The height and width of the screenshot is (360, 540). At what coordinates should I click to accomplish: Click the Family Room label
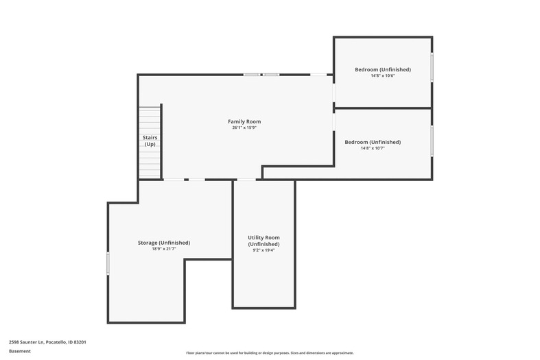click(244, 121)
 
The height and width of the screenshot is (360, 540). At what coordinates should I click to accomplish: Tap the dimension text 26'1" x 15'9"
click(244, 128)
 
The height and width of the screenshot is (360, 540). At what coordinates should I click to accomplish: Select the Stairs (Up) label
click(150, 141)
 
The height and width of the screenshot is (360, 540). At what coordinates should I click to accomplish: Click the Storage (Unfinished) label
click(164, 243)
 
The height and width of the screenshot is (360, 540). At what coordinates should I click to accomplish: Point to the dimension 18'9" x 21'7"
click(164, 249)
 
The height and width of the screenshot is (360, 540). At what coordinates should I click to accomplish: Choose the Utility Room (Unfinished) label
click(263, 241)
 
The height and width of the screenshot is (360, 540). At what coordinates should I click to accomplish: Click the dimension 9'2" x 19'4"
click(263, 250)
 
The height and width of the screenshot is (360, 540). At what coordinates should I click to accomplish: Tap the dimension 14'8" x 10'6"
click(383, 75)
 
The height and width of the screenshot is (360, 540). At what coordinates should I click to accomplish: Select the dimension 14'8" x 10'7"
click(373, 148)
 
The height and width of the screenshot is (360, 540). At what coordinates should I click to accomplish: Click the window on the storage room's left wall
click(108, 263)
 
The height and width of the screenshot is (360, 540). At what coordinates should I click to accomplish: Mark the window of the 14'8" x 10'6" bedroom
click(432, 67)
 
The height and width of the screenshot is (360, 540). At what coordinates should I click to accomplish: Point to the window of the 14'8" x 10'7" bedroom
click(432, 141)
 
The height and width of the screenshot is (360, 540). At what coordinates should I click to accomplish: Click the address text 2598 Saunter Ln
click(27, 342)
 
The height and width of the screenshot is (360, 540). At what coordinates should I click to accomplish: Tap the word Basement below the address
click(20, 351)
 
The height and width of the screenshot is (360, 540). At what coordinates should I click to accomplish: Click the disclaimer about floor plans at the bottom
click(270, 352)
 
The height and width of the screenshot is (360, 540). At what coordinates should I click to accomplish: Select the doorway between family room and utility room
click(246, 179)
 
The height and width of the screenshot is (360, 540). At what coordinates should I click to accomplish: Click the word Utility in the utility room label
click(255, 237)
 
